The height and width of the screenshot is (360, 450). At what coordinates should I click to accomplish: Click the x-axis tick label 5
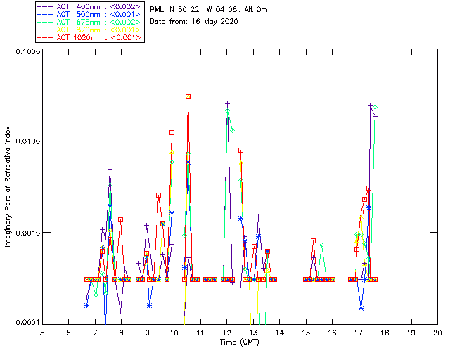point(42,332)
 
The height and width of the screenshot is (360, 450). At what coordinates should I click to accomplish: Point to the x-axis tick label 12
point(226,332)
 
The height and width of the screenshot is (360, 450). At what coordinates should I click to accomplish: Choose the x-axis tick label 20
point(437,332)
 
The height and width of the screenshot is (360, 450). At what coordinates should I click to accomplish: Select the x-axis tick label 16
point(332,332)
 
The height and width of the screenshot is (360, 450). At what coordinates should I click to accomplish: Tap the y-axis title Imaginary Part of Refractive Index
point(9,187)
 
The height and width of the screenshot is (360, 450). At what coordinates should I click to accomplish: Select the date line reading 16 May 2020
point(195,22)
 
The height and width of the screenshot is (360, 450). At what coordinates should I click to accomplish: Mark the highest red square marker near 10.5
point(188,96)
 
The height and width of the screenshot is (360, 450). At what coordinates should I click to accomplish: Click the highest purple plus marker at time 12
point(227,104)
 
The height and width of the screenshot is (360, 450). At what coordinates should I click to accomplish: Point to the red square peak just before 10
point(172,132)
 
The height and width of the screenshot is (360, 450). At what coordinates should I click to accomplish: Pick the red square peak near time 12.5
point(240,150)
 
